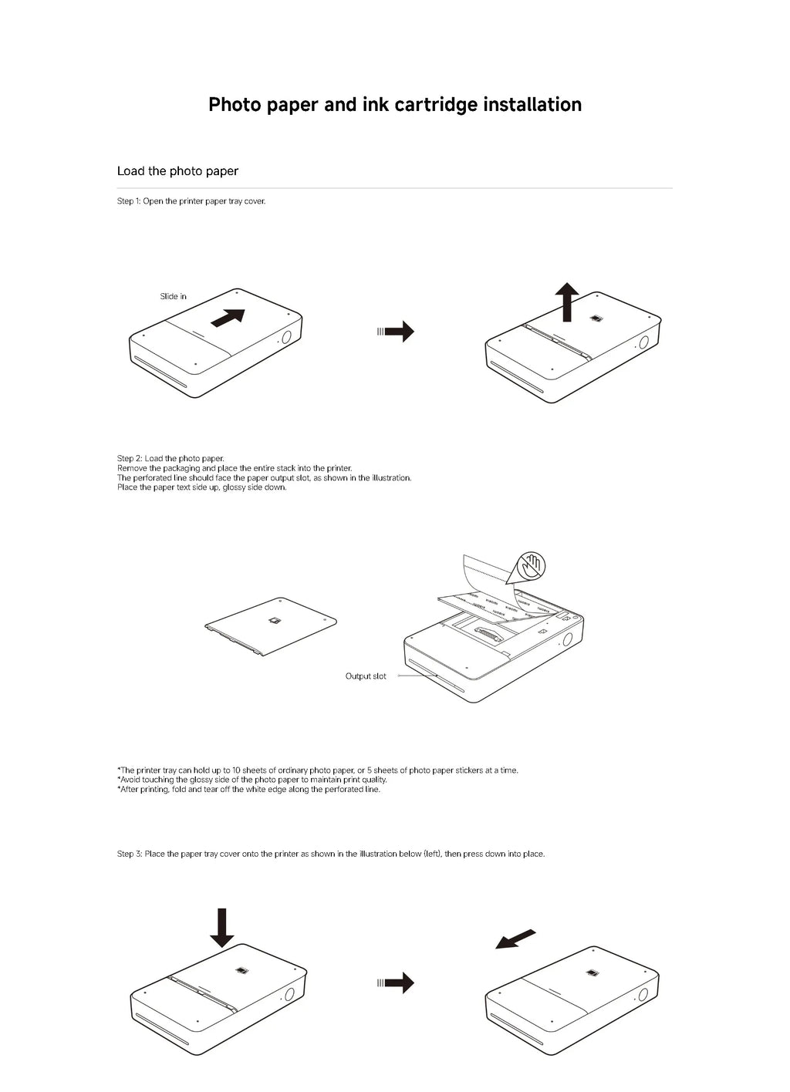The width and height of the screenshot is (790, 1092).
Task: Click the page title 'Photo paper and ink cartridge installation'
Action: pyautogui.click(x=395, y=105)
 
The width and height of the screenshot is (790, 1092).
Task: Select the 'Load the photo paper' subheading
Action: pyautogui.click(x=177, y=171)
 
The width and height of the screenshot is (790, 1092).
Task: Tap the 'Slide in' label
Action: pyautogui.click(x=173, y=296)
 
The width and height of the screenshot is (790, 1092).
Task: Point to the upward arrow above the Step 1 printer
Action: pyautogui.click(x=568, y=302)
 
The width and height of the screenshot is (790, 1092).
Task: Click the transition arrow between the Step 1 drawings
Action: pyautogui.click(x=397, y=332)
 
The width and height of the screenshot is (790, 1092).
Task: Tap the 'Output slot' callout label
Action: pyautogui.click(x=366, y=676)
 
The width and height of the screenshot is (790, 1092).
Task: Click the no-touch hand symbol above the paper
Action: pyautogui.click(x=531, y=566)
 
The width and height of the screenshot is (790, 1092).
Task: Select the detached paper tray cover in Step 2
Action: pyautogui.click(x=272, y=625)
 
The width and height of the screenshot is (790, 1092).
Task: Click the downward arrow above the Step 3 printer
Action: pyautogui.click(x=222, y=928)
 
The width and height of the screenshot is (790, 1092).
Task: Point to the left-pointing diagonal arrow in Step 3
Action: pyautogui.click(x=515, y=939)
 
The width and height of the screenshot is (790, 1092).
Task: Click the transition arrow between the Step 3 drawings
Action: pyautogui.click(x=397, y=982)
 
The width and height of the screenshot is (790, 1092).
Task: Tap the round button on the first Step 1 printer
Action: pyautogui.click(x=285, y=337)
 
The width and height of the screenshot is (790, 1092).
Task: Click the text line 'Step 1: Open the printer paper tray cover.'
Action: pyautogui.click(x=191, y=201)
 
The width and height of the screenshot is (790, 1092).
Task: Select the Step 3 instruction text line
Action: pyautogui.click(x=330, y=854)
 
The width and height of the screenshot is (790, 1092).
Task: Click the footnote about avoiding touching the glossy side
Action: pyautogui.click(x=252, y=780)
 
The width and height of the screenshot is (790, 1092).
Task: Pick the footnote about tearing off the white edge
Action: pyautogui.click(x=248, y=790)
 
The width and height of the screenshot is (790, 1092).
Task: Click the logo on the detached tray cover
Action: pyautogui.click(x=274, y=621)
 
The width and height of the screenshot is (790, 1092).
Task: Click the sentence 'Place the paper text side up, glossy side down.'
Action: pyautogui.click(x=201, y=487)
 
